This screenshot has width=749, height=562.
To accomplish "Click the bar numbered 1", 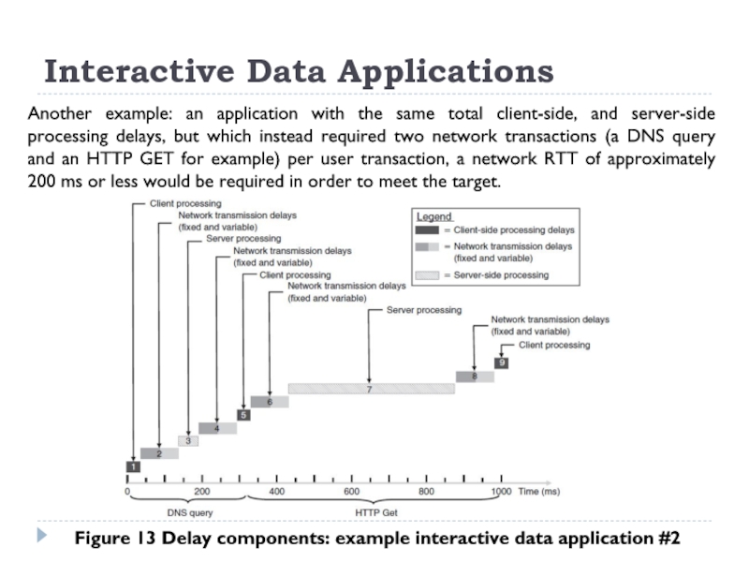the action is click(x=133, y=466).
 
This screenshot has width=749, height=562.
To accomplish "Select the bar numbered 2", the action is click(x=159, y=453).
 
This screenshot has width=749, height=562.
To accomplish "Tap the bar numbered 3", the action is click(x=188, y=441).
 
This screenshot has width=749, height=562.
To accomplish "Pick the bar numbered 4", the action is click(x=217, y=428).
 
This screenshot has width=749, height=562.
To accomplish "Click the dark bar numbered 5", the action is click(x=243, y=415).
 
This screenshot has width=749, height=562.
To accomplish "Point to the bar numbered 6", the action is click(x=270, y=402).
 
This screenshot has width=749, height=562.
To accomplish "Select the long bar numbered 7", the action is click(x=369, y=389).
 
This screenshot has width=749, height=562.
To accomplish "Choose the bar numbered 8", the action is click(x=475, y=377).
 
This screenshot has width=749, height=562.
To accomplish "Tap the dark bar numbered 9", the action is click(x=502, y=362).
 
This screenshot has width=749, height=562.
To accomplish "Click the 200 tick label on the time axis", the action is click(x=202, y=492).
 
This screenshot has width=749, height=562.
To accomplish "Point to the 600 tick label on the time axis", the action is click(x=351, y=492).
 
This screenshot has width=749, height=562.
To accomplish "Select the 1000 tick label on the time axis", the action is click(x=501, y=492).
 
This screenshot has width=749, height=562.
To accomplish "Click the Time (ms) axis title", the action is click(x=539, y=492).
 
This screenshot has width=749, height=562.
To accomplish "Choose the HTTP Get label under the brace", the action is click(x=376, y=513).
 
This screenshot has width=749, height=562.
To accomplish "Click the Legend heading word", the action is click(x=434, y=216).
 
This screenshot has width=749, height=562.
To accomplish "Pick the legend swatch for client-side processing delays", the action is click(x=426, y=229).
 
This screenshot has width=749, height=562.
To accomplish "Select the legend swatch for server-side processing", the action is click(x=426, y=275).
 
